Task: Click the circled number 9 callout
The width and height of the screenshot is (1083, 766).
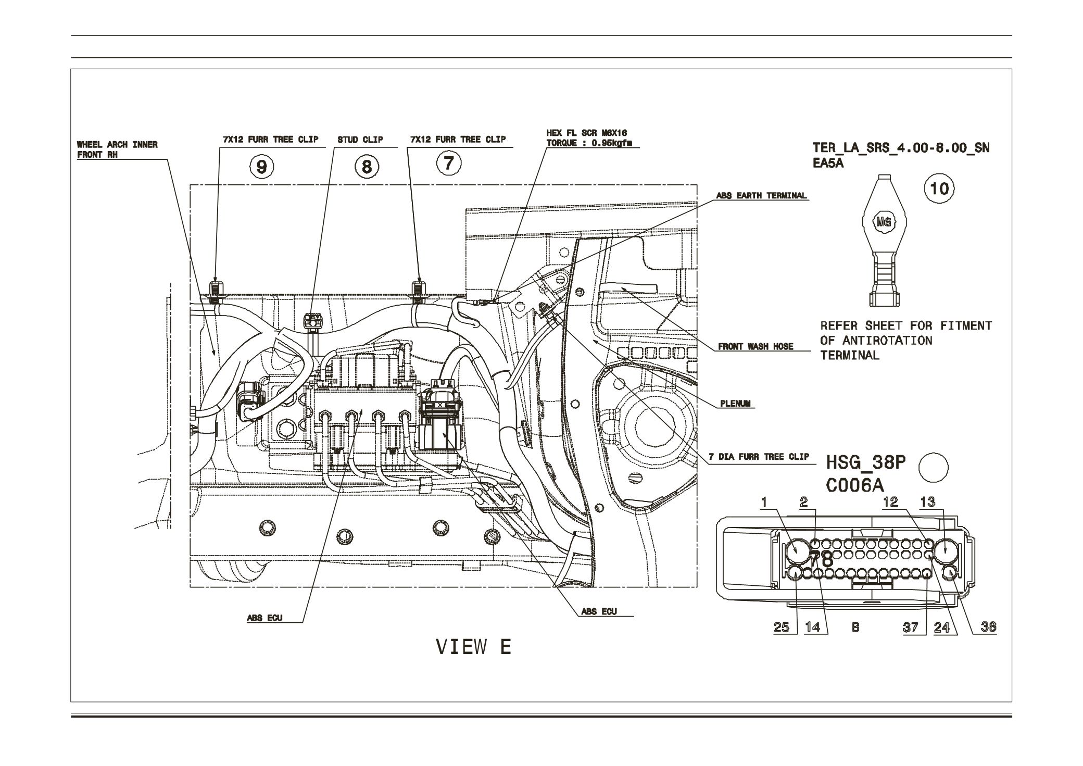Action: pos(262,167)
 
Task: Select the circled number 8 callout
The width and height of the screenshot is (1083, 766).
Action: pos(367,167)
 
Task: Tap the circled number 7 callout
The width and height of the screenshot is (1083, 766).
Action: pos(449,164)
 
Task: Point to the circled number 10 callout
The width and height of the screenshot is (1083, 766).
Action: pos(939,188)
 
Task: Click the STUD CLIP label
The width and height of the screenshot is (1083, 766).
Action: pos(360,140)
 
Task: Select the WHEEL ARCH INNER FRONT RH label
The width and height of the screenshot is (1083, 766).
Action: pos(117,149)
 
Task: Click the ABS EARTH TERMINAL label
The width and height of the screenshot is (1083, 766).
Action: pos(761,196)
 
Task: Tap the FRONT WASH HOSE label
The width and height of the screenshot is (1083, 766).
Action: pos(755,346)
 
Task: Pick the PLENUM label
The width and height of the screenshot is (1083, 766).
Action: pos(737,404)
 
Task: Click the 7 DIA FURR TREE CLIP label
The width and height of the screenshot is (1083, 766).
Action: pos(759,457)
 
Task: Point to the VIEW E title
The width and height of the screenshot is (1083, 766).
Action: pos(473,647)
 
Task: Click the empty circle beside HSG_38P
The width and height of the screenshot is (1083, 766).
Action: pos(934,467)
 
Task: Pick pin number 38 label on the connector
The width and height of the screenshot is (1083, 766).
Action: pos(988,627)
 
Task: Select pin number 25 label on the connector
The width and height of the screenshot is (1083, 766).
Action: pos(781,627)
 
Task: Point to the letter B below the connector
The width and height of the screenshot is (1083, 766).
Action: pos(855,627)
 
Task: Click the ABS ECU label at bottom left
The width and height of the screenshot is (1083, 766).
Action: pos(265,618)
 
